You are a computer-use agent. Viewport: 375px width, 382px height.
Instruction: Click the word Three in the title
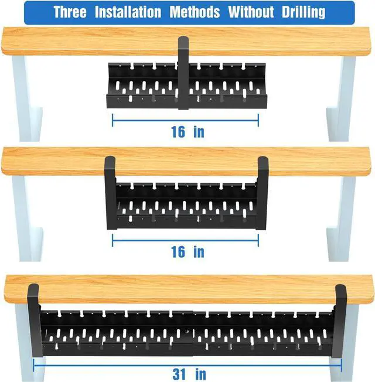[x=70, y=12]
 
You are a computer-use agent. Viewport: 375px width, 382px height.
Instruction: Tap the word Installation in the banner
[x=128, y=12]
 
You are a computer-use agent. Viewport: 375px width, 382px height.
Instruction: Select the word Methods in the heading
[x=195, y=12]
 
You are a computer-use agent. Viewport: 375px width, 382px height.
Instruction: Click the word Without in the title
[x=251, y=12]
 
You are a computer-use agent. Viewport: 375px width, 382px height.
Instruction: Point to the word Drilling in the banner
[x=304, y=12]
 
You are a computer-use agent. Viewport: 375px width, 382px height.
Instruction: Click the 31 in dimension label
[x=189, y=374]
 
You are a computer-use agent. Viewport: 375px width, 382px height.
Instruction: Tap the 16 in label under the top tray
[x=187, y=132]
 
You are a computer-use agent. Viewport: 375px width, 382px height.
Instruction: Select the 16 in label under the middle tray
[x=187, y=252]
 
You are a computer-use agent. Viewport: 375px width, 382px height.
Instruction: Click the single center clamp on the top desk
[x=183, y=73]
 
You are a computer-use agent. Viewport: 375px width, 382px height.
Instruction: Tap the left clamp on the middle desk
[x=110, y=193]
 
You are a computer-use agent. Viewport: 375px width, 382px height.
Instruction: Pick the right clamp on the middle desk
[x=262, y=193]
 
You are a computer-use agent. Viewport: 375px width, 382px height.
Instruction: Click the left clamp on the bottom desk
[x=35, y=321]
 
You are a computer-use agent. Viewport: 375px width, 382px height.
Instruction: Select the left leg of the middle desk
[x=28, y=219]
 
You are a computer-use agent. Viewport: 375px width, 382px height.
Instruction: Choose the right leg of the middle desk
[x=341, y=219]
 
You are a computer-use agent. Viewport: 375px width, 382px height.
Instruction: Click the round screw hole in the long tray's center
[x=186, y=332]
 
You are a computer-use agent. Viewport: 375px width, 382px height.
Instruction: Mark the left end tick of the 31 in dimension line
[x=33, y=366]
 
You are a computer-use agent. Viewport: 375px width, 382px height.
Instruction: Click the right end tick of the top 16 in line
[x=258, y=120]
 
